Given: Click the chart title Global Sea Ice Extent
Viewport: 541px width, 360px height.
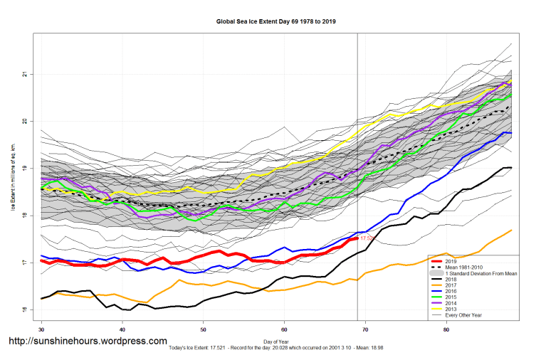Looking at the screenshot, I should (276, 21).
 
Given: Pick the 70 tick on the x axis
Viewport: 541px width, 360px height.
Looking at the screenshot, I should (365, 329).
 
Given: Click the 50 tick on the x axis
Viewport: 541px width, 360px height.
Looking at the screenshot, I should (204, 329).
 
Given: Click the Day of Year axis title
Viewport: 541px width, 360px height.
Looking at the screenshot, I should (277, 342).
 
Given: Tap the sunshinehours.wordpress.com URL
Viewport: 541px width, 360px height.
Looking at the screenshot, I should (88, 342).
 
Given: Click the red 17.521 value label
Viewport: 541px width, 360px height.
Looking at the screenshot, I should (367, 238).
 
